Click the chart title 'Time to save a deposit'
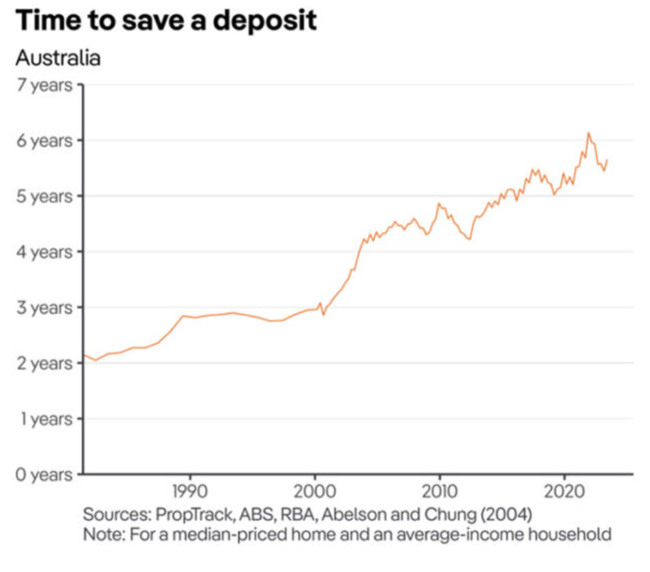pyautogui.click(x=166, y=21)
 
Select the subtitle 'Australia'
pyautogui.click(x=57, y=58)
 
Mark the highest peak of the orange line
pyautogui.click(x=588, y=133)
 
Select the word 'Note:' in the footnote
pyautogui.click(x=103, y=534)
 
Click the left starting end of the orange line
pyautogui.click(x=84, y=355)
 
